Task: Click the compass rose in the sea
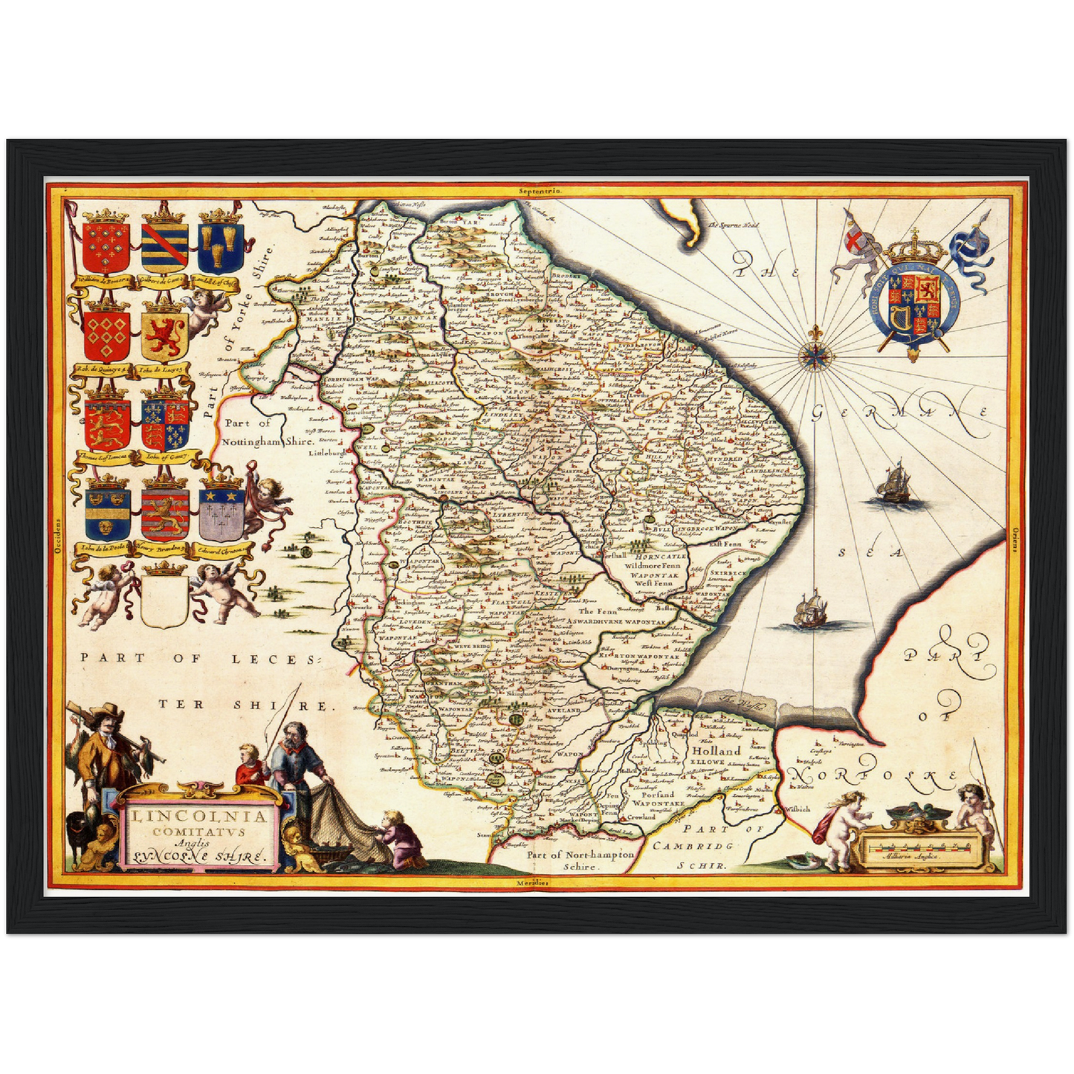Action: tap(816, 356)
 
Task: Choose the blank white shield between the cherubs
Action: tap(164, 601)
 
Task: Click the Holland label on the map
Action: tap(718, 750)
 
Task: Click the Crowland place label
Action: tap(640, 817)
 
